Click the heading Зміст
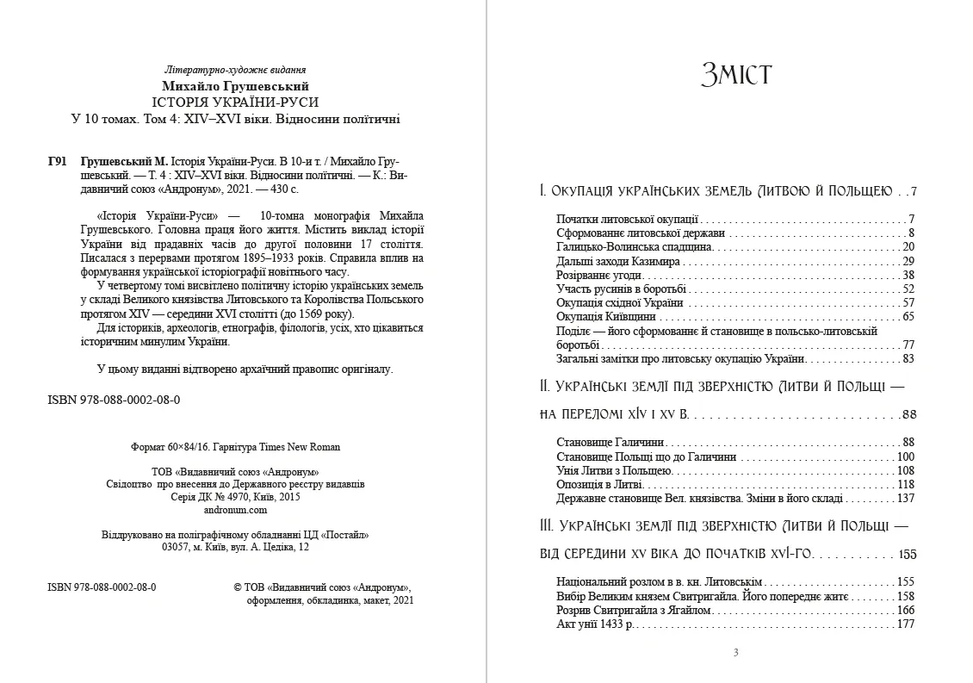[736, 75]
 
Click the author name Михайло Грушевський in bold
[236, 86]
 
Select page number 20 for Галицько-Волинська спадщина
[908, 247]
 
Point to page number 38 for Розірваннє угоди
[908, 275]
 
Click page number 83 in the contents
[908, 358]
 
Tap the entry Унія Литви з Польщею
[614, 470]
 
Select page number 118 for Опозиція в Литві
[905, 485]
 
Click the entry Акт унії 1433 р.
[595, 624]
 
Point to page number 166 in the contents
[905, 610]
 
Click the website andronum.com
[236, 510]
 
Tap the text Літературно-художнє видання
[235, 70]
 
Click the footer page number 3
[735, 652]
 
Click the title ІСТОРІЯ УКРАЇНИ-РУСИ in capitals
[235, 102]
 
